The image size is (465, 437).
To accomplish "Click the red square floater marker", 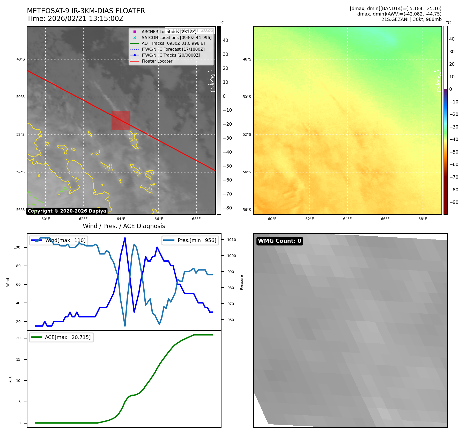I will click(121, 120).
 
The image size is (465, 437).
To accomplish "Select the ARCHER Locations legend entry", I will click(169, 32).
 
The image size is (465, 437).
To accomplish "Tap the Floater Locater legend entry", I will click(157, 61).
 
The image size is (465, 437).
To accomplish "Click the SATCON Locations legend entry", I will click(176, 37).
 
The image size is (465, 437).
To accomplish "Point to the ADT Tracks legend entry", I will click(173, 43).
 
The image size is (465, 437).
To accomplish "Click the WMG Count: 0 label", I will click(279, 241).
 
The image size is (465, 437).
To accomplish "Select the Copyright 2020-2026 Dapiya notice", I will click(67, 211).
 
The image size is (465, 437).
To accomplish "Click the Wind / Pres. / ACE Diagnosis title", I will click(124, 226).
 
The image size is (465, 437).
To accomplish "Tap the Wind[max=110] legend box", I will click(58, 240).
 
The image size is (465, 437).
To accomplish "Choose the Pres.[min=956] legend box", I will click(190, 240).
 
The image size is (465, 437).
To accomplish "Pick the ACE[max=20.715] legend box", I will click(61, 337).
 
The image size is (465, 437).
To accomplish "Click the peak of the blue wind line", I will click(125, 238).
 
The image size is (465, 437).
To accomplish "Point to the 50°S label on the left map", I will click(21, 97).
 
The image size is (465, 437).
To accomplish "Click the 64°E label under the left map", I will click(121, 219).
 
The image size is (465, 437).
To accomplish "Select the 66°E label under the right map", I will click(385, 219).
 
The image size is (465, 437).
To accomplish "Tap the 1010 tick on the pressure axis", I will click(232, 240).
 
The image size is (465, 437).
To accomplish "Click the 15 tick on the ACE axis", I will click(18, 359).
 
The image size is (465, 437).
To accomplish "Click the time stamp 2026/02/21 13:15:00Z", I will click(86, 19).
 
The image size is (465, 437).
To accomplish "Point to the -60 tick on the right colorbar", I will click(454, 164).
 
